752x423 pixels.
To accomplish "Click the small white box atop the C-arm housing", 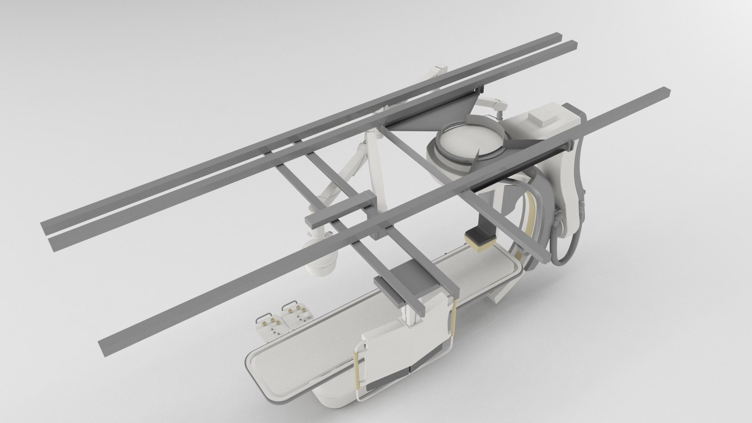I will pyautogui.click(x=542, y=119).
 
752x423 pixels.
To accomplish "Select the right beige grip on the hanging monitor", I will pyautogui.click(x=455, y=317).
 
